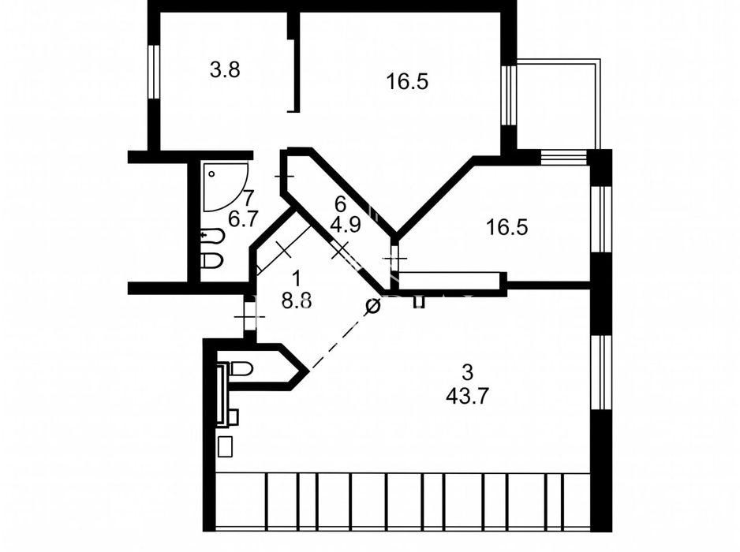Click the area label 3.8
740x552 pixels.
(x=225, y=70)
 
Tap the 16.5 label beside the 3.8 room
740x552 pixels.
(x=407, y=82)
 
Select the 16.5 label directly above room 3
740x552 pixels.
(x=506, y=227)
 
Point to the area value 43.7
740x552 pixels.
(x=467, y=396)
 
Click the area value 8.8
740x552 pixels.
(x=297, y=300)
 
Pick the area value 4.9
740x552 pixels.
(x=346, y=225)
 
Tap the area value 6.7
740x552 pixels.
(x=244, y=219)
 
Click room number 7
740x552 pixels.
(x=249, y=196)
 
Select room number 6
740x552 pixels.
(x=340, y=203)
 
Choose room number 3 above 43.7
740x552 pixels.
(x=467, y=373)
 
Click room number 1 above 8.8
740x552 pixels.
(x=297, y=278)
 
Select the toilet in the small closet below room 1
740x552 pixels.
(x=241, y=368)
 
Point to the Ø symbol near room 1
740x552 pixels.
(x=373, y=306)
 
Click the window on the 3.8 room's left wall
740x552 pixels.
(x=154, y=72)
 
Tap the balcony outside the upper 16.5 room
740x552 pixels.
(x=559, y=104)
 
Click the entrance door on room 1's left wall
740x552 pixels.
(x=249, y=316)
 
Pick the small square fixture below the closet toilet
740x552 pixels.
(x=226, y=446)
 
